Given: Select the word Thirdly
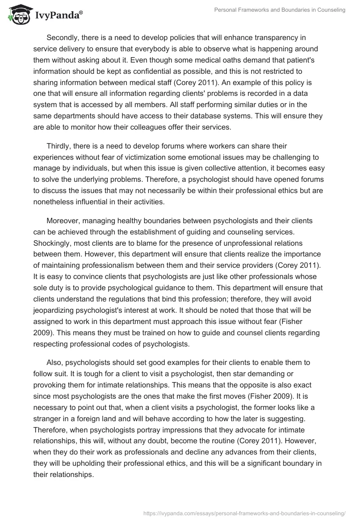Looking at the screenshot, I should click(x=59, y=146).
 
